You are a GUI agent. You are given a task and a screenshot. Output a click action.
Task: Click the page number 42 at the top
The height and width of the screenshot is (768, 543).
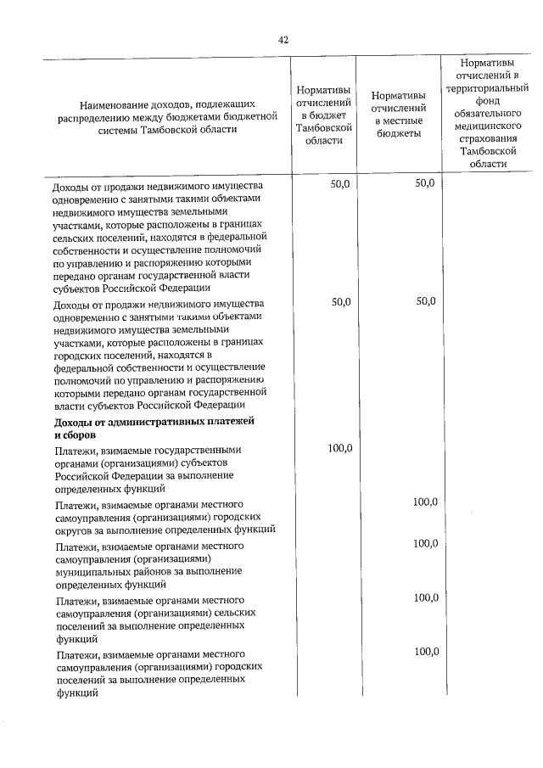pyautogui.click(x=283, y=39)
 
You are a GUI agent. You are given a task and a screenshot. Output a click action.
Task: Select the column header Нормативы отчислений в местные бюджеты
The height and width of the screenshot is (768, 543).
pyautogui.click(x=398, y=115)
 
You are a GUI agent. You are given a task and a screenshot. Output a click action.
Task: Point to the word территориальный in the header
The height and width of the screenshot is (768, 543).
pyautogui.click(x=487, y=87)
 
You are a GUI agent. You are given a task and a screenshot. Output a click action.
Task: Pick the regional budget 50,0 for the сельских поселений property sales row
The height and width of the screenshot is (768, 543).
pyautogui.click(x=339, y=183)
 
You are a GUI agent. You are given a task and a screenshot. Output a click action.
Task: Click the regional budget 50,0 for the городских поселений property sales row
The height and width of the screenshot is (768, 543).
pyautogui.click(x=339, y=301)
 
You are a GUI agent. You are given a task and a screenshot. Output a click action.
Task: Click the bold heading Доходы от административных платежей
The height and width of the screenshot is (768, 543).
pyautogui.click(x=154, y=422)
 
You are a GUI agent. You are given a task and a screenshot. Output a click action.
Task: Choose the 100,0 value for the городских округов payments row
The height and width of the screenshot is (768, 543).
pyautogui.click(x=425, y=502)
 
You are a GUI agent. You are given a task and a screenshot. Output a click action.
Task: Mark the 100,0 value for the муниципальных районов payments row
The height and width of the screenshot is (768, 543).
pyautogui.click(x=425, y=543)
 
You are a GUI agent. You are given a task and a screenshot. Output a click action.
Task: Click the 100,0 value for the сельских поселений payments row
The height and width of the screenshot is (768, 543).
pyautogui.click(x=425, y=597)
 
